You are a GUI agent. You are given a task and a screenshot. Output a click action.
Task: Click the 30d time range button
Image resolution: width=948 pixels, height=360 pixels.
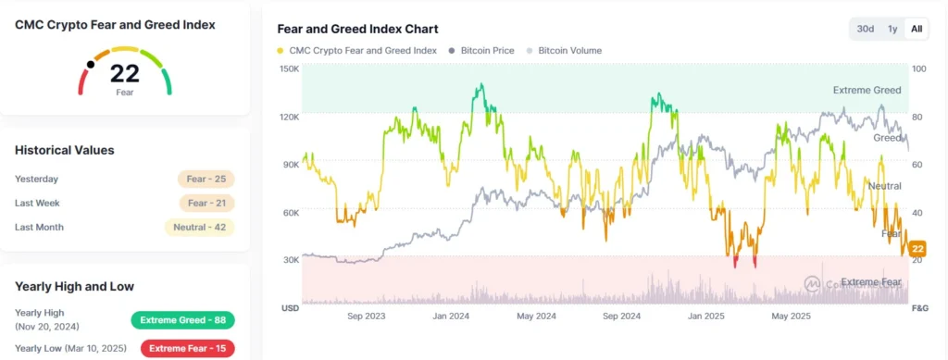866,29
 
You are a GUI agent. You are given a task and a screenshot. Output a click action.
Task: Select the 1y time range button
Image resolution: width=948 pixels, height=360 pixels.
892,29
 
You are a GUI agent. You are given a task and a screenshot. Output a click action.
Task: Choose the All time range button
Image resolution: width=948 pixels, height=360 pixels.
917,29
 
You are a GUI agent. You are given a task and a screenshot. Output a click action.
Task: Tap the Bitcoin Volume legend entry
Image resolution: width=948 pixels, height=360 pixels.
566,50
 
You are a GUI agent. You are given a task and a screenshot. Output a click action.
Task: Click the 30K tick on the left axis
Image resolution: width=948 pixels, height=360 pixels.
290,260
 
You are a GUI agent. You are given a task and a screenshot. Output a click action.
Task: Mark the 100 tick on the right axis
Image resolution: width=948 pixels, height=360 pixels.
918,69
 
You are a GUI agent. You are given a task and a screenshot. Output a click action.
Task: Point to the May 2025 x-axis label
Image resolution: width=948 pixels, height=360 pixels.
791,317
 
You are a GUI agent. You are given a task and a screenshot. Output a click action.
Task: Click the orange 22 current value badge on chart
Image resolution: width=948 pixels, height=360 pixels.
918,249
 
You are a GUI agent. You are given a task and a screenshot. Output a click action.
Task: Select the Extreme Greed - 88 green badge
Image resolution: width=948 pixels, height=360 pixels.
182,320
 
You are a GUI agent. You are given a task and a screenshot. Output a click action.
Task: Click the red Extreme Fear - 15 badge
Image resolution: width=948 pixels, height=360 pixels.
187,349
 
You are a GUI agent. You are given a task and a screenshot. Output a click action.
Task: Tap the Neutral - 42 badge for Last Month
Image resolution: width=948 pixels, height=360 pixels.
199,227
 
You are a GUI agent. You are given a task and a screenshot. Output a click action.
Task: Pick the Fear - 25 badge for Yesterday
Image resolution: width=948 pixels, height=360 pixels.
206,179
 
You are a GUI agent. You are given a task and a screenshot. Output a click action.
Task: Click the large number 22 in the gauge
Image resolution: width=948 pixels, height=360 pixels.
125,74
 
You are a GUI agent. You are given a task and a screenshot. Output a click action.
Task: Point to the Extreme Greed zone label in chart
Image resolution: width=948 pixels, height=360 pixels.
866,91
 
